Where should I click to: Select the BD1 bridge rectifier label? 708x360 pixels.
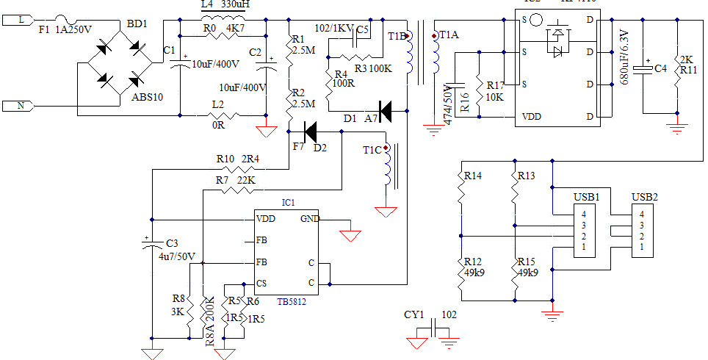137,24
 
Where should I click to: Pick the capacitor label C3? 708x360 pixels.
173,243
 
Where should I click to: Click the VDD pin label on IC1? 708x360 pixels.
266,219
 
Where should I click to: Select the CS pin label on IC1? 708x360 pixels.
261,284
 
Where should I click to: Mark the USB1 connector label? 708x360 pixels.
586,198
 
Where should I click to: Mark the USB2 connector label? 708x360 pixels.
645,198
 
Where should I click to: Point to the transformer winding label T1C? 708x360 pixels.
373,150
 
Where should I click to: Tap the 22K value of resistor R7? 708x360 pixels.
245,180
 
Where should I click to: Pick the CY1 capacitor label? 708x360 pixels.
414,315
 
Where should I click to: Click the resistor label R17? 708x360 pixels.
494,86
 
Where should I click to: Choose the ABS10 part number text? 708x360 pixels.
147,98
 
